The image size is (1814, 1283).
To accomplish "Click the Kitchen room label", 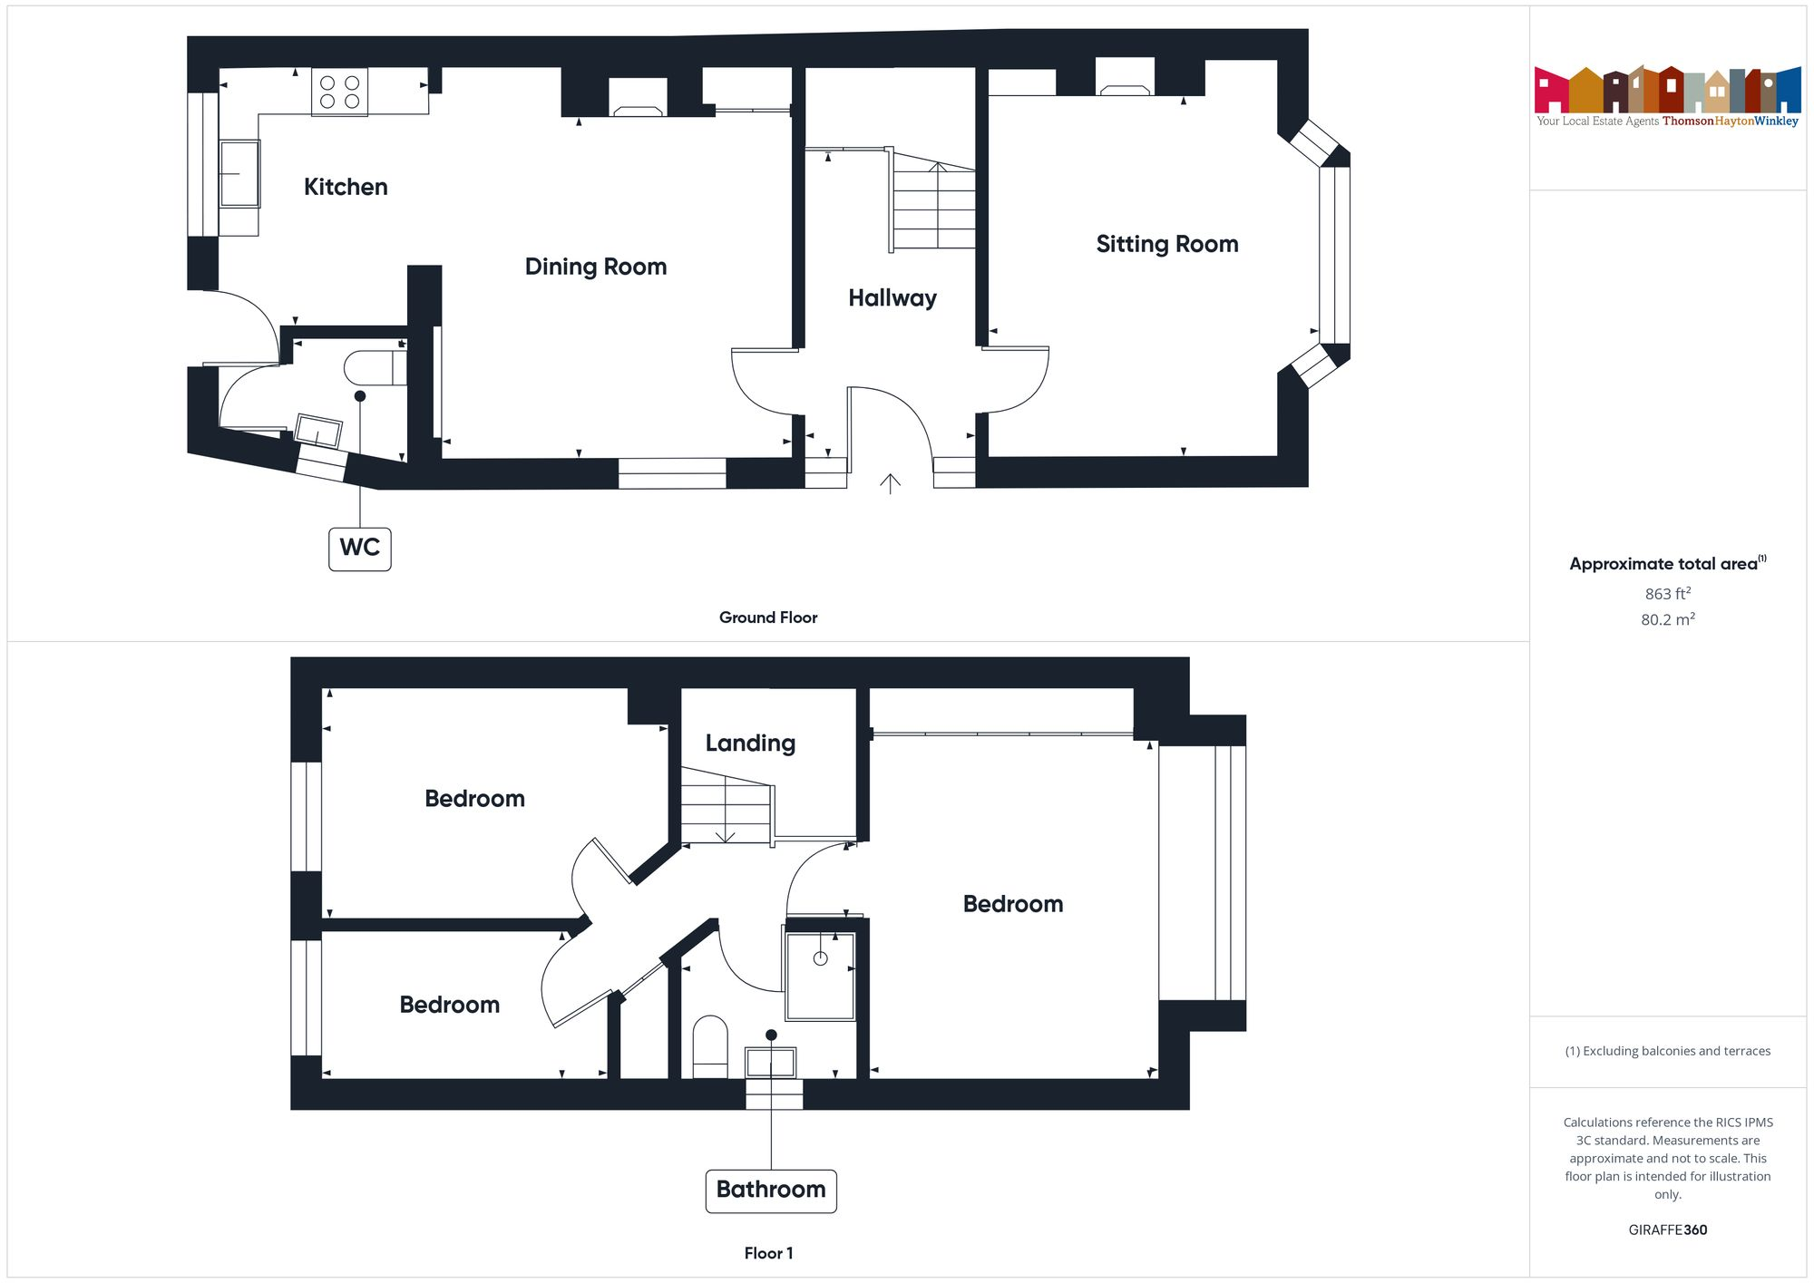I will pos(346,187).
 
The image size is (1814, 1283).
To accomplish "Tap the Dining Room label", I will pos(596,267).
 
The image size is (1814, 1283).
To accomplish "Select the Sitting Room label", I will pos(1166,244).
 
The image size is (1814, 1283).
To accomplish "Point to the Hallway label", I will pos(892,298).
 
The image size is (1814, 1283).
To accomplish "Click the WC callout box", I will pos(360,549).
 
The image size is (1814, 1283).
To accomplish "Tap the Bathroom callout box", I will pos(771,1190).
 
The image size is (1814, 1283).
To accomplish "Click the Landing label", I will pos(750,744).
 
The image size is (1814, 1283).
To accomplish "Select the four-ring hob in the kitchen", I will pos(340,92).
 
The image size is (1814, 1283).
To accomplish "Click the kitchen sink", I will pos(239,173).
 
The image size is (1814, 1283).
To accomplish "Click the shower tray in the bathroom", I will pos(820,976).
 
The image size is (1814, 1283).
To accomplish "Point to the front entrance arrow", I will pos(890,484).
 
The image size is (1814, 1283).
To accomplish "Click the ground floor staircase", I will pos(934,204).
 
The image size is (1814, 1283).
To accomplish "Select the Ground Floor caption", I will pos(768,617).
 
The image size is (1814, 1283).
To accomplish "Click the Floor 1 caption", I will pos(768,1253).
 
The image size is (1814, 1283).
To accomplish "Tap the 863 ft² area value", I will pos(1667,594).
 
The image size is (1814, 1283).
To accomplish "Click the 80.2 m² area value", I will pos(1667,620).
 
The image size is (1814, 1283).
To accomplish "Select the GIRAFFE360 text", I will pos(1667,1230).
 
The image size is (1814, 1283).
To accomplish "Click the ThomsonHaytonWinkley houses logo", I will pos(1667,91).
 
